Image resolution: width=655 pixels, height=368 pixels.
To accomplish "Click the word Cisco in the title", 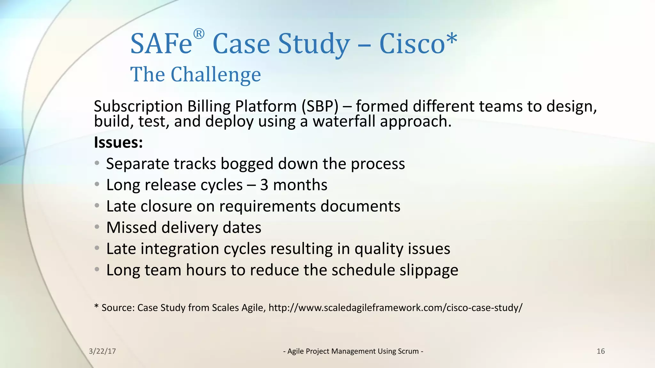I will tap(412, 44).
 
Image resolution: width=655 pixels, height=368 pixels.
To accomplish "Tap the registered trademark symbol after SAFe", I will tap(199, 34).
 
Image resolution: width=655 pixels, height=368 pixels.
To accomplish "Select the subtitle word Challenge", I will tap(216, 75).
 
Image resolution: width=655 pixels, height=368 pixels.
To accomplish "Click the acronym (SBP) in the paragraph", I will tap(320, 106).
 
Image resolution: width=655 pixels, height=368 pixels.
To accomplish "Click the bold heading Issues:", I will tap(118, 142).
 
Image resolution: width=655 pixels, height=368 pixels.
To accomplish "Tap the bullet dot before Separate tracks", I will tap(97, 163).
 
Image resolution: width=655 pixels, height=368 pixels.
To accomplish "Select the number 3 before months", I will tap(264, 185).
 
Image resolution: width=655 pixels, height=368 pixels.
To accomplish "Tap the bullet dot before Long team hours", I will tap(97, 270).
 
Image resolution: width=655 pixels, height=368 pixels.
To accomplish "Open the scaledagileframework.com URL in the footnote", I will tap(395, 308).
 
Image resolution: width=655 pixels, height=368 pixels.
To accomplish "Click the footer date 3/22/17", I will tap(102, 351).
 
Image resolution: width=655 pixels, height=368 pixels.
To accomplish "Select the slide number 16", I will tap(601, 351).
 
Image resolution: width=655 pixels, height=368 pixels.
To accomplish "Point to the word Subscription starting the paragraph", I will tap(138, 106).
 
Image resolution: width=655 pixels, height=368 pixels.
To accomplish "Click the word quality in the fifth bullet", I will tap(377, 249).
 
